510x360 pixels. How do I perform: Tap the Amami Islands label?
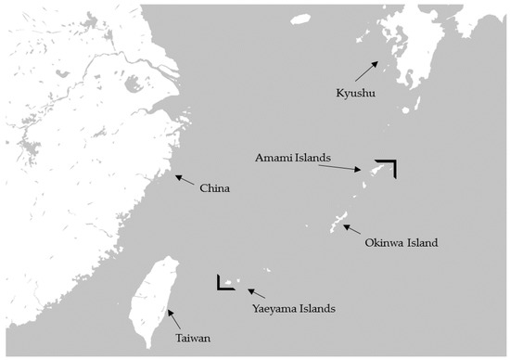pyautogui.click(x=293, y=159)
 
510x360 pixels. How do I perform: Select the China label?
pyautogui.click(x=214, y=188)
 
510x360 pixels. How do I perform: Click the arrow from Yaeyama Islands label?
pyautogui.click(x=255, y=294)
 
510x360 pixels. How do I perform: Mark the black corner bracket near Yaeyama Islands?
pyautogui.click(x=223, y=284)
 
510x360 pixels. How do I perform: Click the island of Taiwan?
pyautogui.click(x=150, y=297)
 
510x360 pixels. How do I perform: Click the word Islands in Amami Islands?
pyautogui.click(x=312, y=159)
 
